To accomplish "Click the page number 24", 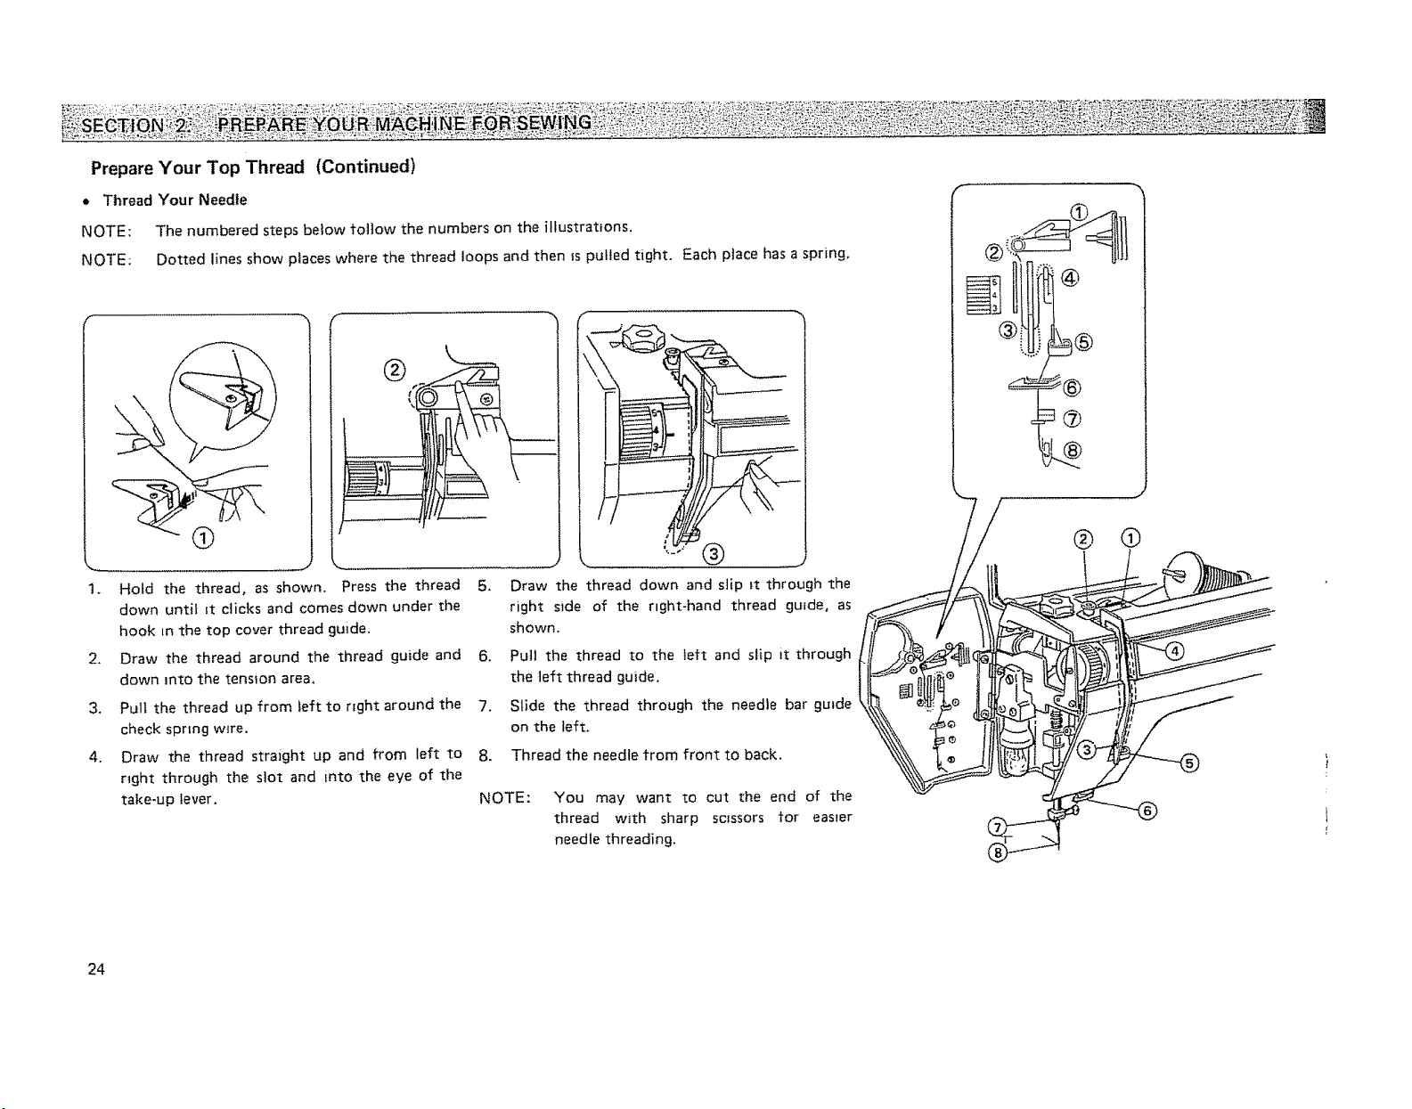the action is click(x=96, y=969).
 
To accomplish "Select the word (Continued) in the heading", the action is click(x=365, y=167).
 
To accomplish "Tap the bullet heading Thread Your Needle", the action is click(x=175, y=200).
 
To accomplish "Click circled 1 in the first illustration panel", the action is click(x=203, y=538).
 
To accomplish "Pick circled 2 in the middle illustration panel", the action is click(x=395, y=371).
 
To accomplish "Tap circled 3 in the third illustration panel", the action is click(x=714, y=554).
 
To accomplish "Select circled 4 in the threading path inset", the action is click(x=1070, y=279).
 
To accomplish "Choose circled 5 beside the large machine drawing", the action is click(x=1189, y=763).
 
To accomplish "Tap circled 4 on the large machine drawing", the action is click(x=1175, y=650).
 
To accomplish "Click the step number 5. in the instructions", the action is click(x=484, y=584).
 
